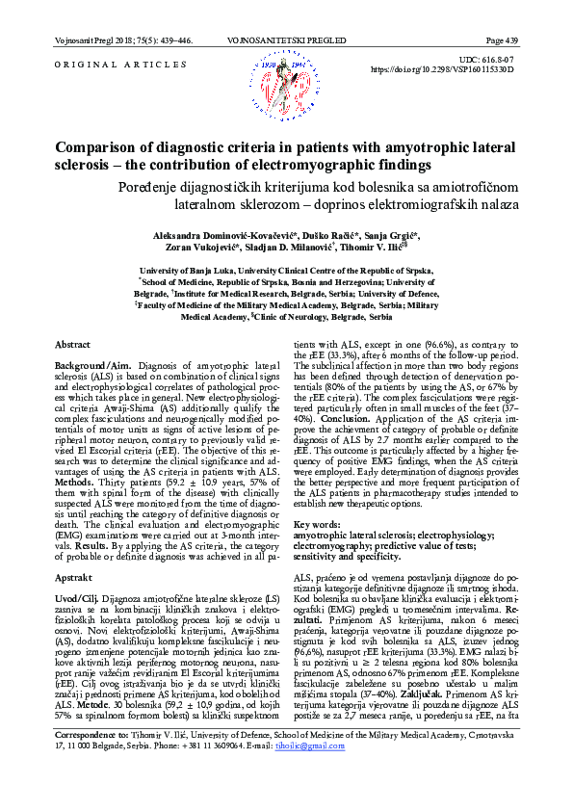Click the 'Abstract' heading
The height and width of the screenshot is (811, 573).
pos(72,344)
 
